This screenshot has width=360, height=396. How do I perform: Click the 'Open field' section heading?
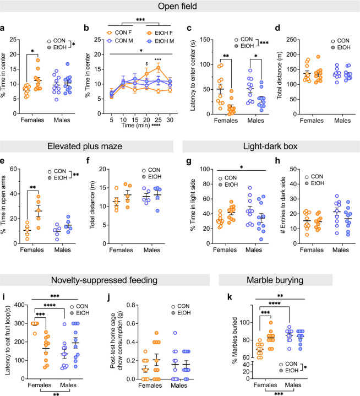[180, 8]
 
